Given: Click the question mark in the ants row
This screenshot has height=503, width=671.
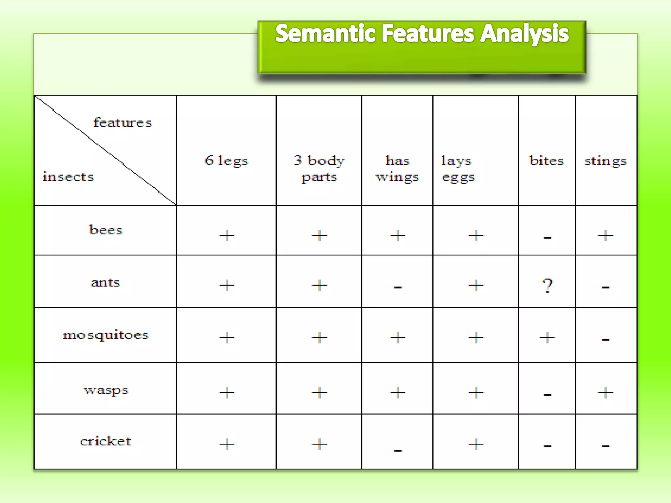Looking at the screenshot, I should [x=547, y=285].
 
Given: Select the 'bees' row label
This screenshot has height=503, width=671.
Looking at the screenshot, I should [x=105, y=230].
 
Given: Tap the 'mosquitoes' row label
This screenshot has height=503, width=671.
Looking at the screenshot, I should [x=105, y=335].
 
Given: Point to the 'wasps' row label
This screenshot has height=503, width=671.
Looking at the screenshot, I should [x=106, y=390].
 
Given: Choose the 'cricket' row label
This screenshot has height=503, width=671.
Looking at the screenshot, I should [x=106, y=441].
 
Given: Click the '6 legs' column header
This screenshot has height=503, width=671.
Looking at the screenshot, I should [x=226, y=160].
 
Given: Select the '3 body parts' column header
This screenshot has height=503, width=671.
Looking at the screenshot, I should [x=319, y=168].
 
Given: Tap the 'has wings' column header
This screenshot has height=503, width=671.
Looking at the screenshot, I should [x=397, y=168].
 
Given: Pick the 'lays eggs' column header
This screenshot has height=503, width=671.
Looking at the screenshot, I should [x=457, y=168].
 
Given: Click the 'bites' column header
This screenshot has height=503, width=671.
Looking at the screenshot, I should [x=546, y=160].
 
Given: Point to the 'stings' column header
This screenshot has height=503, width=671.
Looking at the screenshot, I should [x=605, y=161].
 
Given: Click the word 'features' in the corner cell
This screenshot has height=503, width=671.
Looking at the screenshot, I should [x=123, y=122].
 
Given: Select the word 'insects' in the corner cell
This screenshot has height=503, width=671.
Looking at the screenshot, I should [x=68, y=177].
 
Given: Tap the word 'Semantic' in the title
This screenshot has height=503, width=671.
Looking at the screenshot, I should [x=325, y=33].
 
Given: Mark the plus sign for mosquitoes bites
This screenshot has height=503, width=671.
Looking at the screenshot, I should [x=547, y=337].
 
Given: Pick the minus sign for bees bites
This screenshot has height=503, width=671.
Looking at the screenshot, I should [x=547, y=237].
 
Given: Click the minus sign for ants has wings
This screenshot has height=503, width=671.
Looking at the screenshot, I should [x=398, y=288].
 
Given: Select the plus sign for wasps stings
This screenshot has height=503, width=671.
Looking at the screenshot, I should [x=605, y=392].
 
